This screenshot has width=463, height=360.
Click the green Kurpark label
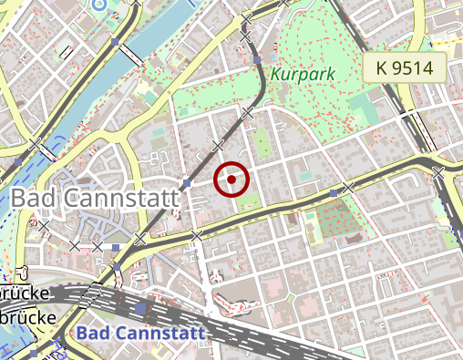(304, 73)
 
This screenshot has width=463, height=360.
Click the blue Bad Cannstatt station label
(141, 334)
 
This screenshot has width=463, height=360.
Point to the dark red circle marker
(231, 179)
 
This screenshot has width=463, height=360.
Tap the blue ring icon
(98, 4)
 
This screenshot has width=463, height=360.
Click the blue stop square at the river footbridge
(115, 42)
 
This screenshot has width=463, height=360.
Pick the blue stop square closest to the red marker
(187, 184)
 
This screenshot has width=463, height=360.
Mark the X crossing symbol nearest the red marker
(217, 146)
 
